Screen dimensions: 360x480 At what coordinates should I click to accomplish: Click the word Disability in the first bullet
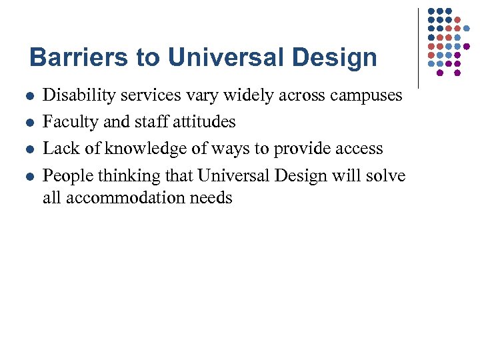pos(74,95)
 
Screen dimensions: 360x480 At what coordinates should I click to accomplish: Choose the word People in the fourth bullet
pos(67,176)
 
